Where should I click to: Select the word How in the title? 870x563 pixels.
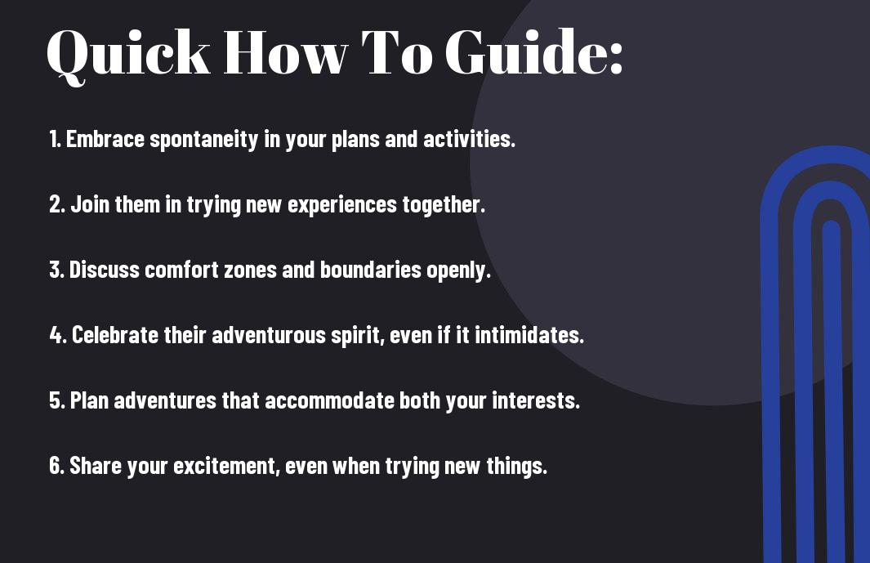285,52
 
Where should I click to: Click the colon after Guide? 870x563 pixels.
616,58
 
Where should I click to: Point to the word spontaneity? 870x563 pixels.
204,140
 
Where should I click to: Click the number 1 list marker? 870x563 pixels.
55,139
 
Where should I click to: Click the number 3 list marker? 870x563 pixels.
56,270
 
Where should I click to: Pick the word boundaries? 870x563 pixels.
371,270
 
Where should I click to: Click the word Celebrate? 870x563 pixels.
115,335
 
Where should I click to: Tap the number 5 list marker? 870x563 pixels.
57,400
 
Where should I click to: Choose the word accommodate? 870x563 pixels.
329,400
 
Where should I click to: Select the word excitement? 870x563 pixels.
226,466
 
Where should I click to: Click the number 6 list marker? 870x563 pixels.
57,465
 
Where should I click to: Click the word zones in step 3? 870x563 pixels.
250,270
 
